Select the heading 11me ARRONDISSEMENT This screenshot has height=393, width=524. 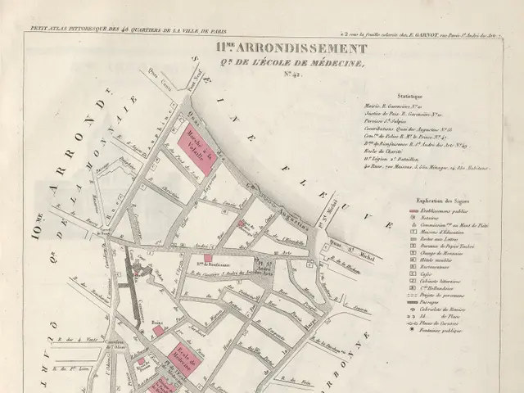[291, 48]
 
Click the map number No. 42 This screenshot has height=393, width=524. [292, 75]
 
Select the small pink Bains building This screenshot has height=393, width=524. [158, 331]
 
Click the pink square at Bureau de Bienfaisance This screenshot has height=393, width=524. [208, 257]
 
